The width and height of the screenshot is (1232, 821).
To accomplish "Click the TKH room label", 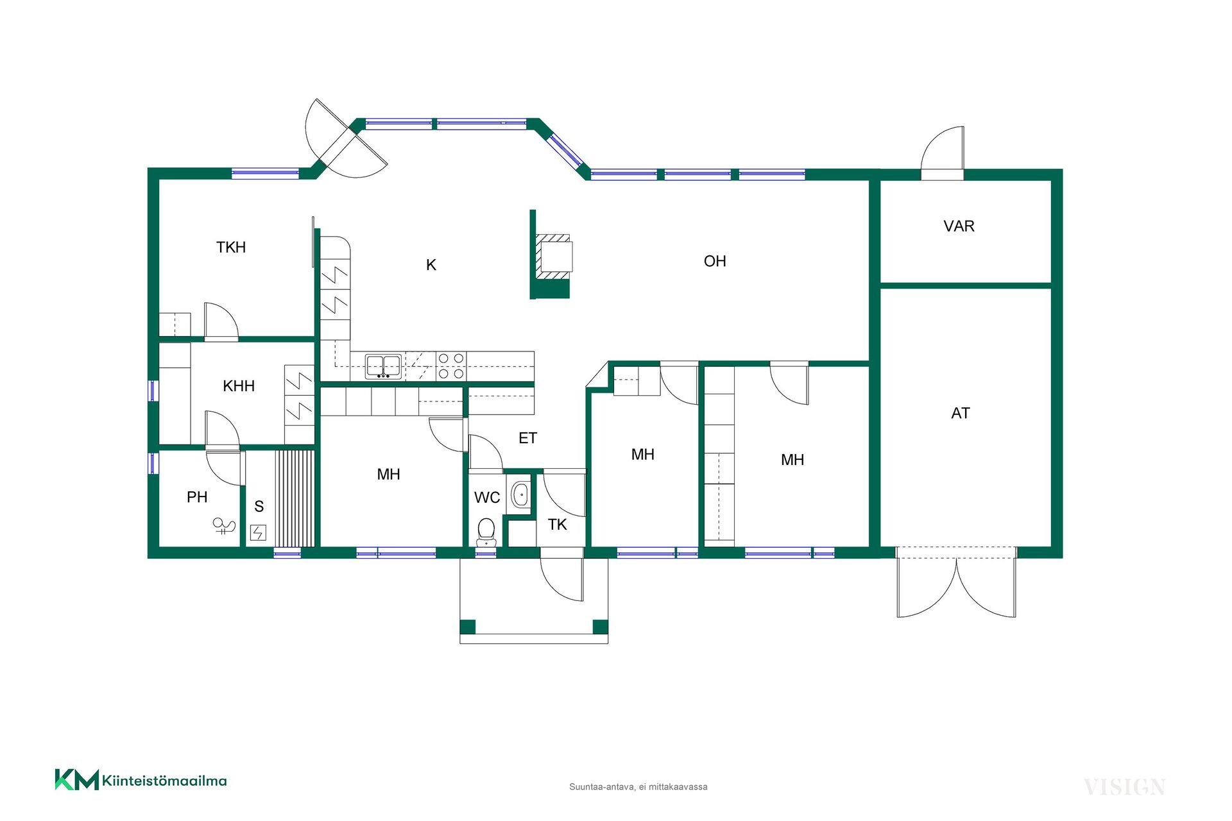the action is click(x=231, y=247).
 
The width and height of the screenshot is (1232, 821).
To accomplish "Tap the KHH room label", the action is click(x=239, y=385).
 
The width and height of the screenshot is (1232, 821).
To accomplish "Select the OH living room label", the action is click(x=715, y=261).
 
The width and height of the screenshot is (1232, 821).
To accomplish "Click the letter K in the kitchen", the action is click(x=431, y=265).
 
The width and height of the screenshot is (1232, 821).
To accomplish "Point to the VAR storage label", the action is click(x=959, y=226).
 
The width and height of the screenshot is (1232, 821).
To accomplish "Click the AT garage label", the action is click(x=961, y=413).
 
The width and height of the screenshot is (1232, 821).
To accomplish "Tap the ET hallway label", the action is click(x=527, y=438).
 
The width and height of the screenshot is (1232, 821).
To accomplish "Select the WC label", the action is click(x=487, y=497).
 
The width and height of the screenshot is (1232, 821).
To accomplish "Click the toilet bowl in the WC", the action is click(x=486, y=532).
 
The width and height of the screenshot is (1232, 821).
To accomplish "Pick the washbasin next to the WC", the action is click(x=520, y=495).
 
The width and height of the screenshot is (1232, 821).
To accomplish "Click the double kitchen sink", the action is click(x=384, y=366).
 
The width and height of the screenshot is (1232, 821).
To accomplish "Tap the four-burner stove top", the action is click(x=451, y=366).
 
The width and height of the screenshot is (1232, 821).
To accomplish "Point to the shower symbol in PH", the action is click(x=224, y=527).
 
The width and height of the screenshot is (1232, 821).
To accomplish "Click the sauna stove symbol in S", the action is click(x=258, y=532).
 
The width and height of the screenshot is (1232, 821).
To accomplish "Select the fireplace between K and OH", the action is click(x=553, y=257).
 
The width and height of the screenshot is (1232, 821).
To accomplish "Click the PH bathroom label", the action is click(x=197, y=497).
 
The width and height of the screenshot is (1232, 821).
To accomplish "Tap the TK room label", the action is click(x=557, y=525).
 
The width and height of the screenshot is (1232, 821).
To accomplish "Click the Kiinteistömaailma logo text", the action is click(x=164, y=781).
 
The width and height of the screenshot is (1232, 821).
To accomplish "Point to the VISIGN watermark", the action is click(x=1125, y=787).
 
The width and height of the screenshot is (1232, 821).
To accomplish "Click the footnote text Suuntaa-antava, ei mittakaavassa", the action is click(x=638, y=787).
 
